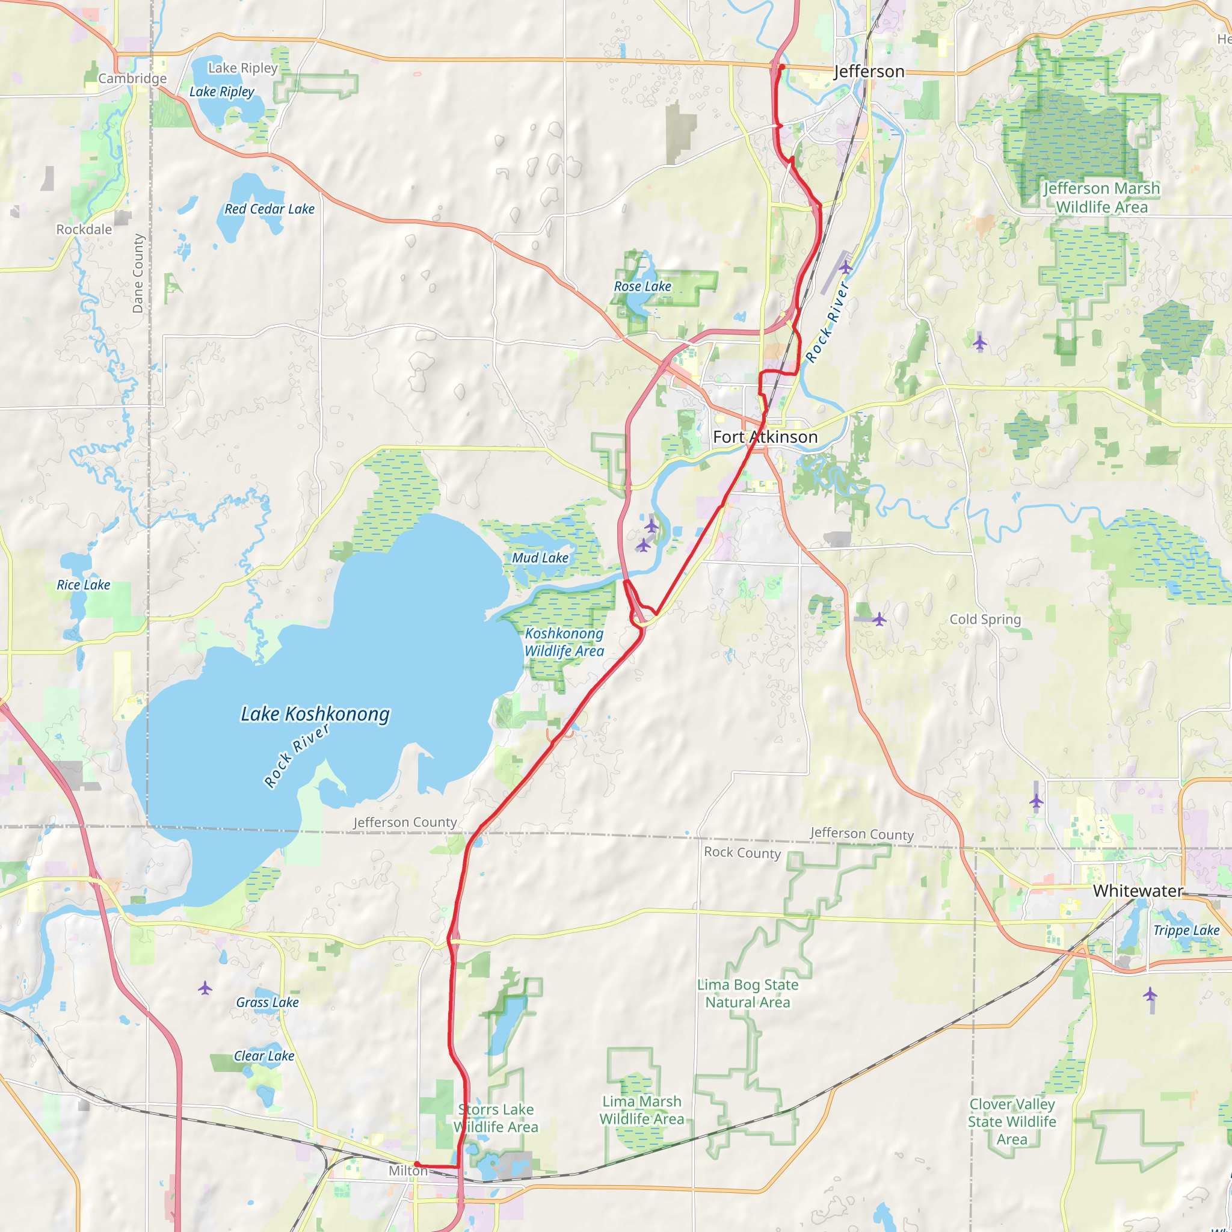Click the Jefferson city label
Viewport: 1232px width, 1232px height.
(869, 72)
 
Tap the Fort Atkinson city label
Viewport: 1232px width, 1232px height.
(765, 437)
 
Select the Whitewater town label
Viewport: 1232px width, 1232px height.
(1138, 891)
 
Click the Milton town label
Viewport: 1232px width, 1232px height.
(408, 1171)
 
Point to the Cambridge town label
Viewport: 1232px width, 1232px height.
(132, 78)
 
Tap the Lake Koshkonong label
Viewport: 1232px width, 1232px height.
(315, 714)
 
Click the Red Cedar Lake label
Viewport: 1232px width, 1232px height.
(269, 209)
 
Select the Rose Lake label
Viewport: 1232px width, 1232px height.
(642, 286)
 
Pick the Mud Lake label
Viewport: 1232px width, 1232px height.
(540, 558)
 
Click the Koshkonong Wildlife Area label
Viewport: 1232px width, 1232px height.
(564, 642)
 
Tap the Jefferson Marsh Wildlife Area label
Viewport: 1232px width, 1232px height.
(1101, 198)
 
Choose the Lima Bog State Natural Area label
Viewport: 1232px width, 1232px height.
(747, 994)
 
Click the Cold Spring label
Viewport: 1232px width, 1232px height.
(985, 619)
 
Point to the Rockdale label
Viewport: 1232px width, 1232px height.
(84, 230)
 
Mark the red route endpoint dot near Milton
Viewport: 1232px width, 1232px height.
(416, 1165)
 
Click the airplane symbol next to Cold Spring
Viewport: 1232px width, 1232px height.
(879, 618)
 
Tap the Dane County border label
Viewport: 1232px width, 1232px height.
(138, 274)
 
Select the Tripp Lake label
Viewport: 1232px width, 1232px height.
(1186, 931)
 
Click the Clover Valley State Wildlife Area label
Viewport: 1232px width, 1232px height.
(1012, 1122)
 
